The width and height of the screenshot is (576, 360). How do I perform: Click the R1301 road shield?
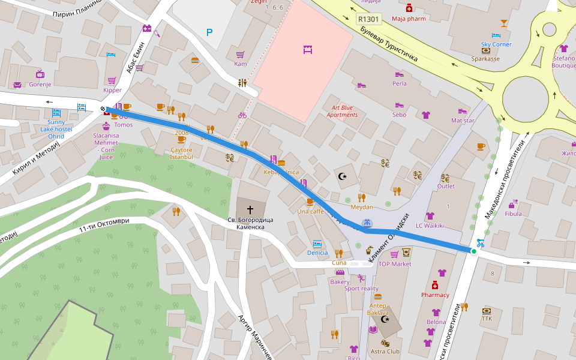coord(368,19)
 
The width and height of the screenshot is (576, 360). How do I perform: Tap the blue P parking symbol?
coord(209,32)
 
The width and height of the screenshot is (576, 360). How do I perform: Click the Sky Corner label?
coord(496,44)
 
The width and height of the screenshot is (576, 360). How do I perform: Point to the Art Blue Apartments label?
coord(342,111)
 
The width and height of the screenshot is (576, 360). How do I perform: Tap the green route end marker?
coord(474,251)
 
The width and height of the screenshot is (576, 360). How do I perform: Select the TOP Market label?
coord(395,264)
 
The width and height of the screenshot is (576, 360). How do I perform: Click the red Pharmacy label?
coord(435,295)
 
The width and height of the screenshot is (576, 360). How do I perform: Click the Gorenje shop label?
coord(40,85)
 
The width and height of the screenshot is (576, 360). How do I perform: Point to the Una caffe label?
coord(310,211)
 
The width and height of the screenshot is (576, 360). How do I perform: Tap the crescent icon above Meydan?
coord(343,176)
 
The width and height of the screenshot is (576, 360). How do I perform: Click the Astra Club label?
coord(385,352)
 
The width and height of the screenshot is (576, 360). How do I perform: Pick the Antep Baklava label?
coord(378,309)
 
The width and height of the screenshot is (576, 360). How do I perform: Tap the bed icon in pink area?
coord(308,50)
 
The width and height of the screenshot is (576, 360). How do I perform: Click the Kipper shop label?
coord(112,91)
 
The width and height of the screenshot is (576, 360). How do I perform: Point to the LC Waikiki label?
coord(430,226)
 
